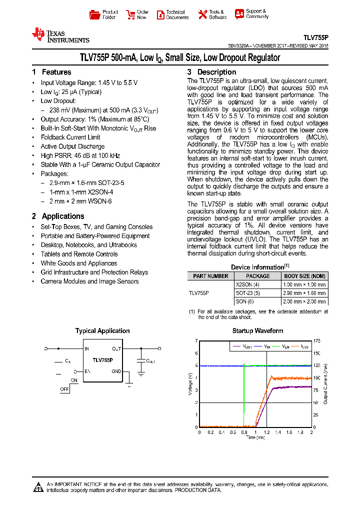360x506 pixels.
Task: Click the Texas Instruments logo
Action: pos(60,35)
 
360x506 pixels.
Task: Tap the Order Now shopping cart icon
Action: pos(130,14)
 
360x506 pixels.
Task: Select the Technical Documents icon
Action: pos(160,15)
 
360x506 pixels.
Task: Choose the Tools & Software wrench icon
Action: pos(202,14)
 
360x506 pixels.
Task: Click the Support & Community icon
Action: pos(239,14)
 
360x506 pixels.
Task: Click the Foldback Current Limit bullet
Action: pos(70,137)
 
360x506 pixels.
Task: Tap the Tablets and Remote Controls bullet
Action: pos(79,254)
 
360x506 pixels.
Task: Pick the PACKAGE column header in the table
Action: pos(257,276)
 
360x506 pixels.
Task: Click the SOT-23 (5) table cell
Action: pos(248,293)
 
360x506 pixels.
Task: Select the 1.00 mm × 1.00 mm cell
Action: pos(304,284)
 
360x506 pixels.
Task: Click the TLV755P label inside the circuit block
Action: pos(102,360)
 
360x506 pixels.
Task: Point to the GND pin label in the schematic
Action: pos(116,371)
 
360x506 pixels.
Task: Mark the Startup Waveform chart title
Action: pos(257,331)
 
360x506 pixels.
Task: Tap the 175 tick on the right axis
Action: pos(317,341)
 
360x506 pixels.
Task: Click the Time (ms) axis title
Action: pos(255,437)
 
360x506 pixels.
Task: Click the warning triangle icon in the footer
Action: pos(38,486)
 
